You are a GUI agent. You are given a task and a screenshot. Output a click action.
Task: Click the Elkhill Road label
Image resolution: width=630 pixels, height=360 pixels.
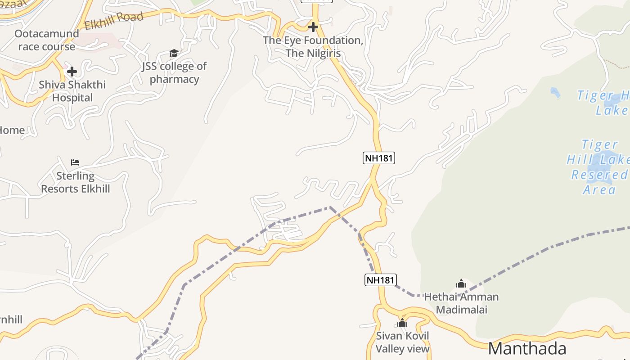tap(114, 20)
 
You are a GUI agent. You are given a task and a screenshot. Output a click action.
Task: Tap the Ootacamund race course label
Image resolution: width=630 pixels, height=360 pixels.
tap(46, 40)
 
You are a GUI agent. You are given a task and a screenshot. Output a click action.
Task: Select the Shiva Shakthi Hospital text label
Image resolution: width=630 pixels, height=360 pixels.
tap(72, 91)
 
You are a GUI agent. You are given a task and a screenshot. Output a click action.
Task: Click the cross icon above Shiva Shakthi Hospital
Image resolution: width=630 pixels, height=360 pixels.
tap(72, 71)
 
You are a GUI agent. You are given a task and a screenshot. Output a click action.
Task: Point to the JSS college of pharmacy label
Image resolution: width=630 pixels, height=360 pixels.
tap(174, 72)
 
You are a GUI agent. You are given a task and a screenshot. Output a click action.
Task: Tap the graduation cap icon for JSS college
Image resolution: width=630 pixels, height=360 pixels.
tap(174, 54)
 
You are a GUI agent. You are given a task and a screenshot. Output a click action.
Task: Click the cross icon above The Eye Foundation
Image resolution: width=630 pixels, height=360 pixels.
tap(313, 27)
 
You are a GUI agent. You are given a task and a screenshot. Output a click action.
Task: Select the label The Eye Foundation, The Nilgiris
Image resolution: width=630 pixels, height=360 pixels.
tap(313, 47)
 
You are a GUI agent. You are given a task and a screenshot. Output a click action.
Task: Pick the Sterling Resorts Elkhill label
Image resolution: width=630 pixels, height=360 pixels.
tap(75, 182)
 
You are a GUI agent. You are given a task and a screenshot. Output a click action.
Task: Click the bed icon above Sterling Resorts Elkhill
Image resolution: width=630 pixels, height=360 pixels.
tap(75, 162)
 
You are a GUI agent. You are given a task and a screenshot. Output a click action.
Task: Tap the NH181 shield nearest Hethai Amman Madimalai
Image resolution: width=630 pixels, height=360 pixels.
tap(380, 280)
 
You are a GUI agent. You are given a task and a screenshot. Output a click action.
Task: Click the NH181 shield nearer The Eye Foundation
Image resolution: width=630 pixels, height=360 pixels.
tap(378, 157)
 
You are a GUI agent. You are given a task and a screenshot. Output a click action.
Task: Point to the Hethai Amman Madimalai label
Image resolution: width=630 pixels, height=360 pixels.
tap(461, 303)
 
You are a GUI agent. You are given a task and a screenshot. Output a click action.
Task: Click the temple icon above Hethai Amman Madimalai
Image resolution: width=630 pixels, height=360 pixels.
tap(461, 283)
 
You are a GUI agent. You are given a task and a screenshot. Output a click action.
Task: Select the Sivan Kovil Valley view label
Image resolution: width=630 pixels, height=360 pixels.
tap(402, 342)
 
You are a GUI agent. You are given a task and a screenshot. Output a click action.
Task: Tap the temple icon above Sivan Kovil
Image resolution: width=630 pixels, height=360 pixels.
tap(402, 323)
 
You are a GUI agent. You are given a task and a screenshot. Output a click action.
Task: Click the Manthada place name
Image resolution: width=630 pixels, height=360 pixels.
tap(527, 349)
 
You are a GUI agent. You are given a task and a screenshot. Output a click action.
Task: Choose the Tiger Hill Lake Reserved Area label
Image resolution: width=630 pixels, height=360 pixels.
tap(598, 167)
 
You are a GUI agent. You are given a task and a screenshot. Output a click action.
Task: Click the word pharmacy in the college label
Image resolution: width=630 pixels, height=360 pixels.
tap(174, 79)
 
